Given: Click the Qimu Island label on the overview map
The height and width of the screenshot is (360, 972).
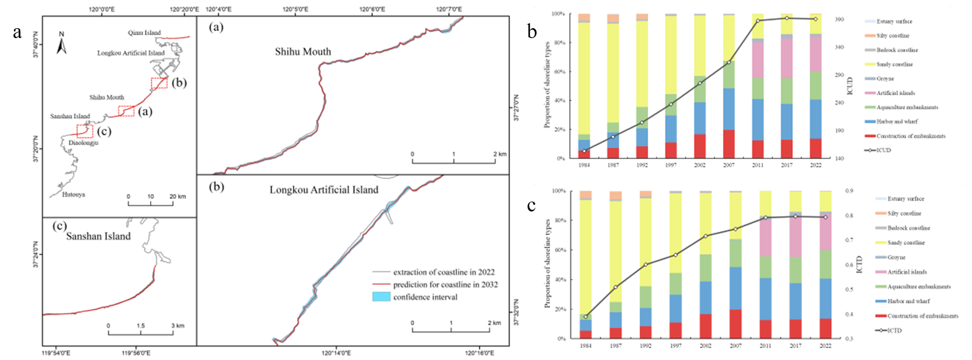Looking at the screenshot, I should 144,33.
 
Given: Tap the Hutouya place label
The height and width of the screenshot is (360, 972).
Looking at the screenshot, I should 73,194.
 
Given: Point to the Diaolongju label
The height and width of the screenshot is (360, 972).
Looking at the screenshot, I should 83,142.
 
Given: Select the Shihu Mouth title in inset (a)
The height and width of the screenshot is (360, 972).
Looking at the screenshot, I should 303,52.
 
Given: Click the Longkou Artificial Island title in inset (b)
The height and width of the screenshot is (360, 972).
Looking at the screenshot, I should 324,190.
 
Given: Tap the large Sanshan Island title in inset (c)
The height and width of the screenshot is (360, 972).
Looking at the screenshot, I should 98,236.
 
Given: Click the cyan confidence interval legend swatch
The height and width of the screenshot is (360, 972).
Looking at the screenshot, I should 381,297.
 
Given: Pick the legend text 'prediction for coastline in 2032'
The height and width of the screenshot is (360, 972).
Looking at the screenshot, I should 445,285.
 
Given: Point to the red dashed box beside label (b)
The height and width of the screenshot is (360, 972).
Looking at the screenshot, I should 159,83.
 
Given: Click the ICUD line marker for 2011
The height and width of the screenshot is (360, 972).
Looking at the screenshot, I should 758,20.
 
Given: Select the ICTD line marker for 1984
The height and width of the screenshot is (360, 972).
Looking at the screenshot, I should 586,317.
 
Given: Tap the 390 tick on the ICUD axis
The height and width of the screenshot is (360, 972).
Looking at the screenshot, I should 839,19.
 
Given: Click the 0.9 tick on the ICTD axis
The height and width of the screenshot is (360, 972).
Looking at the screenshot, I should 849,191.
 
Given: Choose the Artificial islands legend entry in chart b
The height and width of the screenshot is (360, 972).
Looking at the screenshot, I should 895,93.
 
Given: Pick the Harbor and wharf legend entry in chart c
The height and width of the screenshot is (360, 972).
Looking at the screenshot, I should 908,301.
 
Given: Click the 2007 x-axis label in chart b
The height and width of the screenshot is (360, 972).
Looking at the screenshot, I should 729,165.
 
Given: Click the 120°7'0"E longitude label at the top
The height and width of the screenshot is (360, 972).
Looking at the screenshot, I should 449,9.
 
